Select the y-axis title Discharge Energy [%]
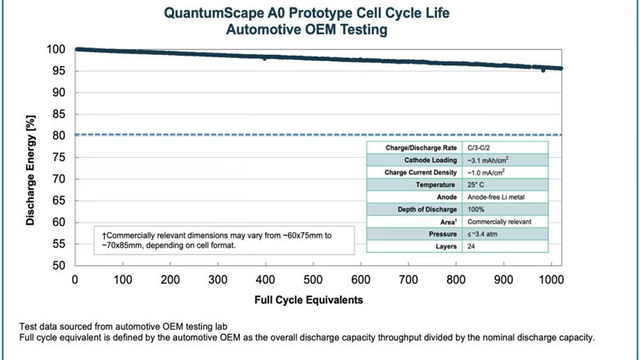click(31, 172)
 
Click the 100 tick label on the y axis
click(55, 49)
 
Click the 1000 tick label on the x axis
click(552, 280)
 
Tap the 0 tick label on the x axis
click(75, 280)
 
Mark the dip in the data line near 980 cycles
click(543, 70)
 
